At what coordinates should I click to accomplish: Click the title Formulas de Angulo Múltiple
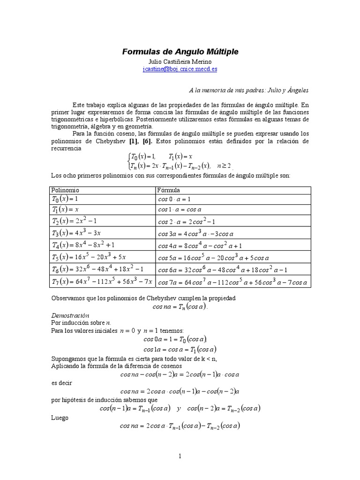[180, 51]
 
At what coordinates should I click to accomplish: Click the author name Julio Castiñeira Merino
[180, 62]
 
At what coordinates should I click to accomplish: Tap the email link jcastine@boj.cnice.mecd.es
[180, 69]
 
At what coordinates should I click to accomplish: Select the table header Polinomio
[65, 190]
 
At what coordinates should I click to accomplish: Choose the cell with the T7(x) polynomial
[102, 282]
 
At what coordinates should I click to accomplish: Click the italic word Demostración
[70, 315]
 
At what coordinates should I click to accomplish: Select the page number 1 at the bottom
[180, 456]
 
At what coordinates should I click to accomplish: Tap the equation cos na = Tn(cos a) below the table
[180, 307]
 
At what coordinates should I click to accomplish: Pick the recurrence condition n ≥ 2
[223, 165]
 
